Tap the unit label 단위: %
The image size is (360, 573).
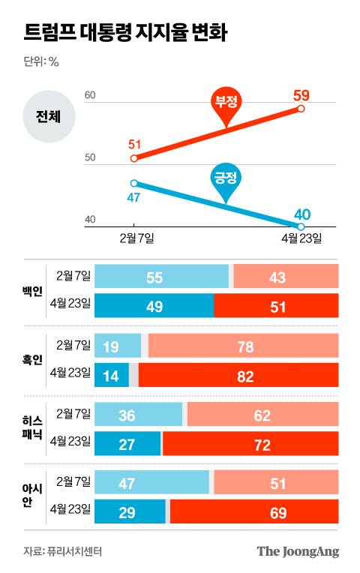point(41,62)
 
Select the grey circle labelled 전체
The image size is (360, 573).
point(48,116)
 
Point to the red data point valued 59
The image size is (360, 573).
point(301,109)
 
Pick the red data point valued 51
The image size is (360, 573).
point(133,158)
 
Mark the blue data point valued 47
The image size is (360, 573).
point(133,183)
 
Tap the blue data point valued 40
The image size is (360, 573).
point(301,226)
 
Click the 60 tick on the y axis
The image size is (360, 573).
point(90,96)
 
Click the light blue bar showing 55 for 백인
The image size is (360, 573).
point(162,277)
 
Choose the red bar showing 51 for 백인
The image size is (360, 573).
point(276,305)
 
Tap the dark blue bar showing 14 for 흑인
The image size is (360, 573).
point(112,376)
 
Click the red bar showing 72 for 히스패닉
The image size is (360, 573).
point(250,443)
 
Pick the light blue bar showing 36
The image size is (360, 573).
point(139,415)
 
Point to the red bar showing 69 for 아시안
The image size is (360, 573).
point(254,511)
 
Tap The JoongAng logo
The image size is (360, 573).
point(298,551)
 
